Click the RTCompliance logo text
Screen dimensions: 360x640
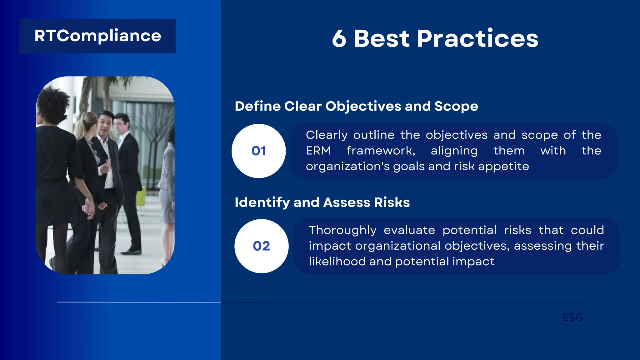[97, 36]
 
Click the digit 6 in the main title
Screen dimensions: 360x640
[339, 39]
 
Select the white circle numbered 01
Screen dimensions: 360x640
[258, 151]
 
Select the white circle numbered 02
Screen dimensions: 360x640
[261, 246]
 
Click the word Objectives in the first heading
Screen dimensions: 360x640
[362, 107]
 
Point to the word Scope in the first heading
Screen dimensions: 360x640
[456, 107]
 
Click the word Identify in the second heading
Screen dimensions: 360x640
[262, 202]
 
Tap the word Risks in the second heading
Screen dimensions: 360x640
[392, 202]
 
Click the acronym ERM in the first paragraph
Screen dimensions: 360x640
[318, 151]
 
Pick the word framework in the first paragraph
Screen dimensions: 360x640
[381, 151]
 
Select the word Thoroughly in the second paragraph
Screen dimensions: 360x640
[342, 230]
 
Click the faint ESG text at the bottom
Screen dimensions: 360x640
[572, 317]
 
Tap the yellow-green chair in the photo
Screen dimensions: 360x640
[141, 197]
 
